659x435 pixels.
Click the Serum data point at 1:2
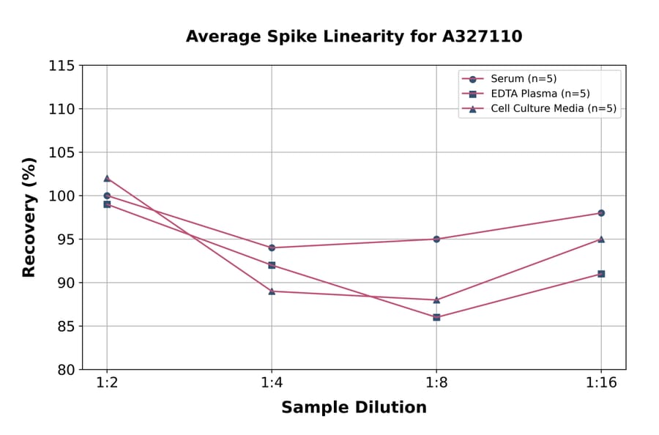click(x=107, y=196)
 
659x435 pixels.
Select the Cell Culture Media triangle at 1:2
click(x=107, y=178)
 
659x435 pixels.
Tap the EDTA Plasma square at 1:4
click(x=272, y=265)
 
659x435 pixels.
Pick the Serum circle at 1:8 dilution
click(x=436, y=239)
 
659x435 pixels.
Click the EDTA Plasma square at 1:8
click(x=436, y=317)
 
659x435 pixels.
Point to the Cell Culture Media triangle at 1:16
click(x=601, y=239)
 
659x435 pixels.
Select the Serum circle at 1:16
click(x=601, y=213)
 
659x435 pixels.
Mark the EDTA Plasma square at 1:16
click(x=601, y=274)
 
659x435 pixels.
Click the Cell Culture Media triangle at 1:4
click(x=272, y=291)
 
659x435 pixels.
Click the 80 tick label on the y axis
click(x=65, y=370)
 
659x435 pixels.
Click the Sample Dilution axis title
click(x=354, y=408)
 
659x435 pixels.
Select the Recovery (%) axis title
click(x=29, y=218)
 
